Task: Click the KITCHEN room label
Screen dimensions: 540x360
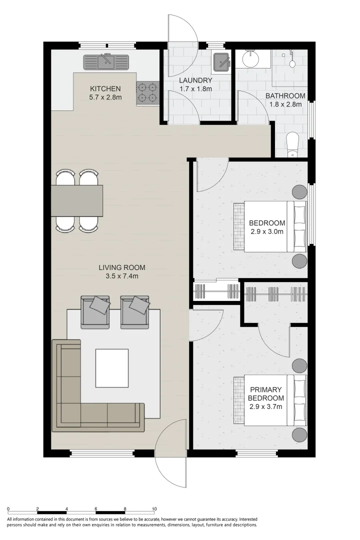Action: [x=105, y=89]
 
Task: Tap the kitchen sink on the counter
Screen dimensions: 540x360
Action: [x=105, y=62]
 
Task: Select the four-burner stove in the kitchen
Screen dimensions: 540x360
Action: [x=148, y=93]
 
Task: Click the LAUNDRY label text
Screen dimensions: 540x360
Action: [x=195, y=80]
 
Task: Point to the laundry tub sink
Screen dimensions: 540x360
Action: [x=221, y=61]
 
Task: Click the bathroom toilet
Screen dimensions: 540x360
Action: [x=293, y=143]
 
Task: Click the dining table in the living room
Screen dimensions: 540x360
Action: [x=77, y=200]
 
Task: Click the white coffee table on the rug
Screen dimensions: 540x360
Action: [x=111, y=368]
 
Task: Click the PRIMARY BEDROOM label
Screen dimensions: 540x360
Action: [x=266, y=394]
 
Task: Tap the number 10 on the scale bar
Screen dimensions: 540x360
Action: [x=154, y=508]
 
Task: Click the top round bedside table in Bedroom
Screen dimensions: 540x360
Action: [x=299, y=191]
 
